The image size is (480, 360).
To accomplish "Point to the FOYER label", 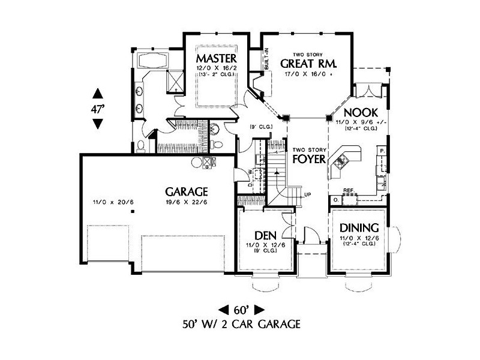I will tap(309, 160).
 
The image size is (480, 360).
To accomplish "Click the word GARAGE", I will tap(187, 192).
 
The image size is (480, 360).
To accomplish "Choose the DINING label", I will tap(359, 228).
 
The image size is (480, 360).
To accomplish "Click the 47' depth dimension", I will tap(98, 109).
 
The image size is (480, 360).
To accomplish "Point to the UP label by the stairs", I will tap(308, 195).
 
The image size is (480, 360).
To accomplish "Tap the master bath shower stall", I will tap(175, 80).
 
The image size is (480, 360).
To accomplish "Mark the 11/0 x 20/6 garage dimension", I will tap(112, 202).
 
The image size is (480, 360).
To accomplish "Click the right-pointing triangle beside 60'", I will tap(259, 310).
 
